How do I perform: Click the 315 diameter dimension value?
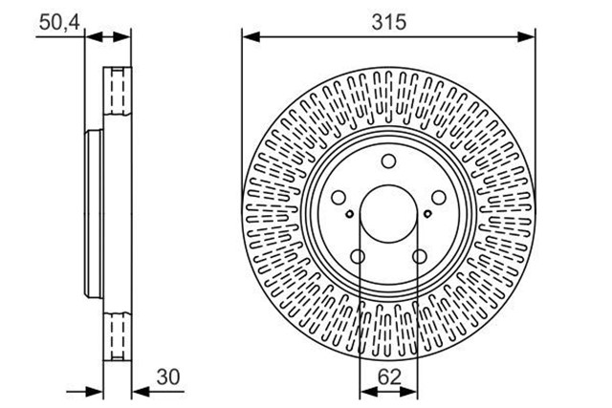point(389,22)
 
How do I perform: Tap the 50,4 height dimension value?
point(59,23)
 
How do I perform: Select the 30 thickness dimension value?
point(168,377)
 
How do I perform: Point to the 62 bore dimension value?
point(389,377)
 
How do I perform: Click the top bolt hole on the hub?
point(388,161)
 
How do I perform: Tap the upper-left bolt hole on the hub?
point(339,198)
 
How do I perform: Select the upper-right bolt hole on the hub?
point(439,198)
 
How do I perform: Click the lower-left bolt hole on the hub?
point(358,257)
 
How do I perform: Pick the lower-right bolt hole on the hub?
point(420,257)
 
